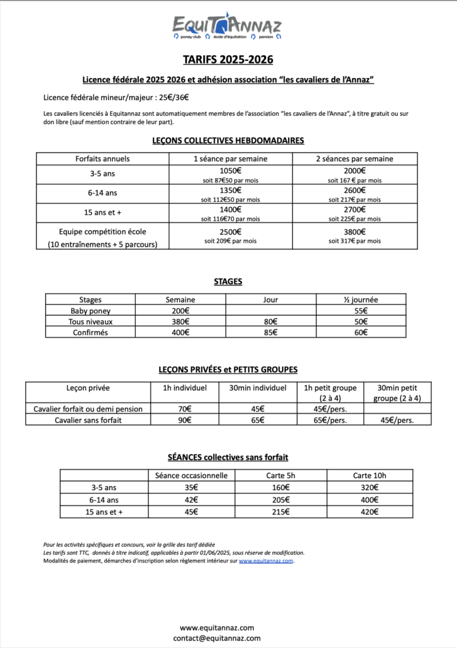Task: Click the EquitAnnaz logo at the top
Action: tap(228, 28)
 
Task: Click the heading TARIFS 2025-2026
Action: tap(228, 60)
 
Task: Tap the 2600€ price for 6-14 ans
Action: tap(355, 190)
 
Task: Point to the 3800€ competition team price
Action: tap(355, 231)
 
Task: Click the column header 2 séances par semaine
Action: tap(355, 159)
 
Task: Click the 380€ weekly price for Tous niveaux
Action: tap(180, 321)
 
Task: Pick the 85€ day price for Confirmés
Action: tap(270, 332)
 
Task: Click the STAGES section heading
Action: tap(228, 281)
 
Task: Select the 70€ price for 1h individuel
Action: tap(185, 409)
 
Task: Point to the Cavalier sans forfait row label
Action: tap(88, 420)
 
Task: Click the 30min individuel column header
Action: tap(258, 388)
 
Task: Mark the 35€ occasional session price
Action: tap(190, 487)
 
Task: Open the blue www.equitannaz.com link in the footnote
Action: tap(266, 561)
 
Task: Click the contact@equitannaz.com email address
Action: tap(216, 637)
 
